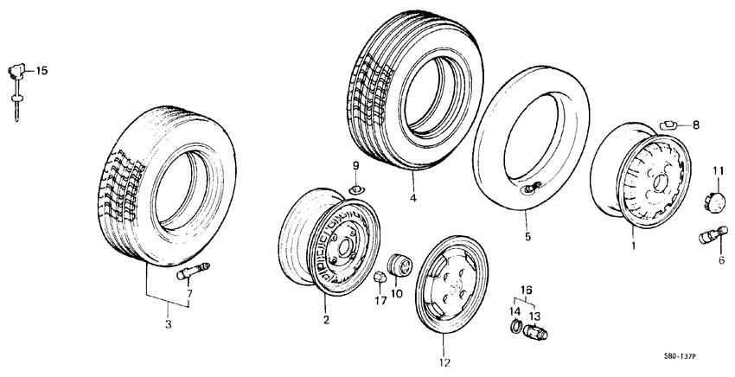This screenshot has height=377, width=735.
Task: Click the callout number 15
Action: pyautogui.click(x=42, y=70)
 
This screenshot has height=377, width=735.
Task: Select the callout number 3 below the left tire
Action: pyautogui.click(x=169, y=324)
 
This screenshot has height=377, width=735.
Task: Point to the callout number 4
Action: pyautogui.click(x=413, y=198)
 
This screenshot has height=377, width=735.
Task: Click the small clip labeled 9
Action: pyautogui.click(x=355, y=188)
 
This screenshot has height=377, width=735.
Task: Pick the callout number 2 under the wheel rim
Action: pyautogui.click(x=326, y=321)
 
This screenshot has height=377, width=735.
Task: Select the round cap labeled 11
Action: pyautogui.click(x=717, y=200)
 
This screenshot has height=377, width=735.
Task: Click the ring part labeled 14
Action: pyautogui.click(x=513, y=328)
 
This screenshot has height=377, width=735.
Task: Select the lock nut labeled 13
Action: pyautogui.click(x=534, y=330)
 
